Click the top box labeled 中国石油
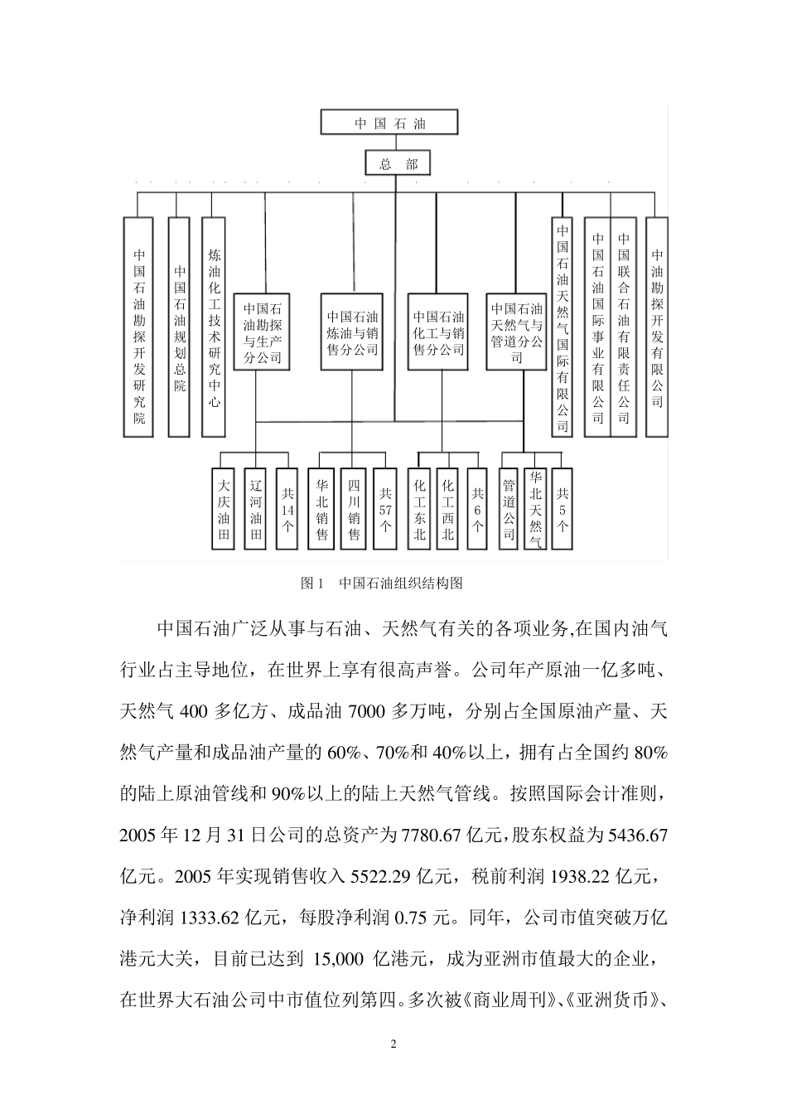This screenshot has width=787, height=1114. (x=389, y=124)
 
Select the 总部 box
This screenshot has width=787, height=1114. (x=398, y=163)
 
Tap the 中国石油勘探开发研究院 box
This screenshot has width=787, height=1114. (x=138, y=327)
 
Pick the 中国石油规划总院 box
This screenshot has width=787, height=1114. (x=179, y=327)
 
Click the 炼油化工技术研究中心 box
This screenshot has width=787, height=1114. (x=214, y=327)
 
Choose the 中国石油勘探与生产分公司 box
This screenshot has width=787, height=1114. (x=263, y=331)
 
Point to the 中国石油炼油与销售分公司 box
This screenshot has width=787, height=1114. (x=352, y=331)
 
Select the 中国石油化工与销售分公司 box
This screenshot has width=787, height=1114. (x=438, y=331)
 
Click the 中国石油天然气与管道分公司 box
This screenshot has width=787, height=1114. (x=517, y=331)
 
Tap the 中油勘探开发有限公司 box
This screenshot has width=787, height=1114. (x=656, y=327)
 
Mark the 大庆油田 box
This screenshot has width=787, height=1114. (x=223, y=510)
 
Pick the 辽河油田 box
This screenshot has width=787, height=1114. (x=256, y=510)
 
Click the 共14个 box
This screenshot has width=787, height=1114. (x=287, y=510)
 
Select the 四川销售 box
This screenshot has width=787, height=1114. (x=354, y=510)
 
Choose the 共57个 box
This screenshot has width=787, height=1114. (x=385, y=510)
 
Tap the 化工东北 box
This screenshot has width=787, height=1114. (x=420, y=510)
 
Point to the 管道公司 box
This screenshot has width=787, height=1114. (x=509, y=510)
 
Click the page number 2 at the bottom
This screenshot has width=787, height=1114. (x=393, y=1044)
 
